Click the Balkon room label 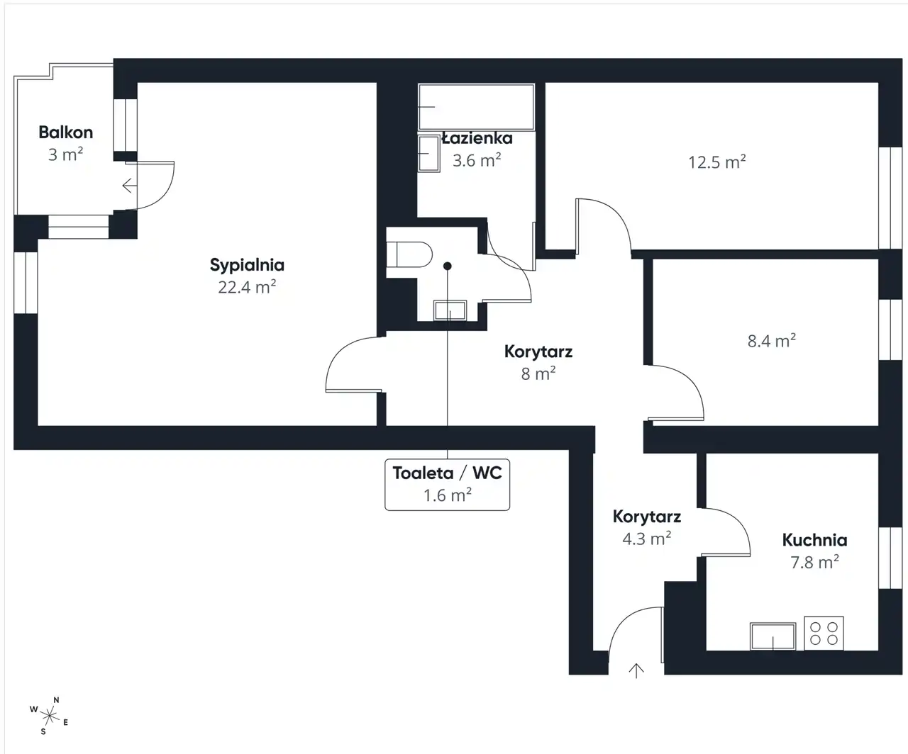click(x=66, y=133)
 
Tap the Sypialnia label click(x=247, y=265)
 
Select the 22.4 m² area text click(x=247, y=287)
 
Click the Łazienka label click(x=477, y=138)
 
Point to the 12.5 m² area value click(x=717, y=162)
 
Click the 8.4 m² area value click(x=772, y=341)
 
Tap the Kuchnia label click(x=815, y=540)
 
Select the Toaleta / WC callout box click(x=448, y=484)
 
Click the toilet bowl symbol click(x=409, y=254)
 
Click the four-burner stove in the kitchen click(x=824, y=634)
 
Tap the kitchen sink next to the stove click(x=773, y=636)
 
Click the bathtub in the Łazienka click(x=476, y=107)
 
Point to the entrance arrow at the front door click(x=636, y=670)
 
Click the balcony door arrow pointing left click(x=130, y=186)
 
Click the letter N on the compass click(x=56, y=700)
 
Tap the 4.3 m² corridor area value click(x=647, y=539)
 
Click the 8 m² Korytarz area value click(x=538, y=373)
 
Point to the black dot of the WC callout click(x=448, y=266)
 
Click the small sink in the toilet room click(x=450, y=310)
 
